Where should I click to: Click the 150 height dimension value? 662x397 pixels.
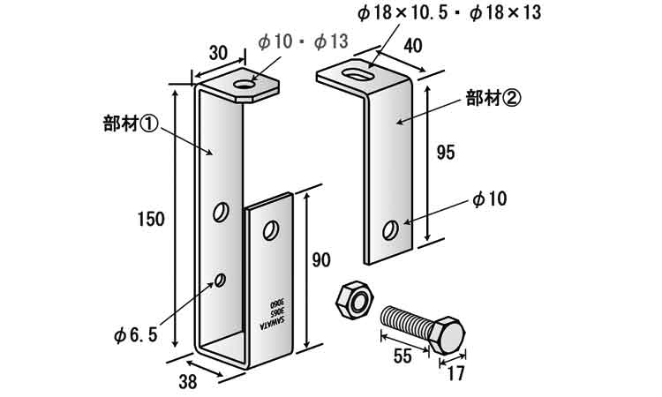coord(151,220)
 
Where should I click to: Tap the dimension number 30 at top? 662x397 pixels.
coord(220,54)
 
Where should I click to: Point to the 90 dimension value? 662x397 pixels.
coord(321,260)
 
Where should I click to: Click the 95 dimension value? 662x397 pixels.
coord(446,153)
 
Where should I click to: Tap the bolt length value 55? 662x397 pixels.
coord(402,356)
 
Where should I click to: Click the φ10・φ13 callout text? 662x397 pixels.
coord(304,42)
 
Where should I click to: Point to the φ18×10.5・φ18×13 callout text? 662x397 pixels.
coord(449,13)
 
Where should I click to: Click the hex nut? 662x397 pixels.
coord(355,300)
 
